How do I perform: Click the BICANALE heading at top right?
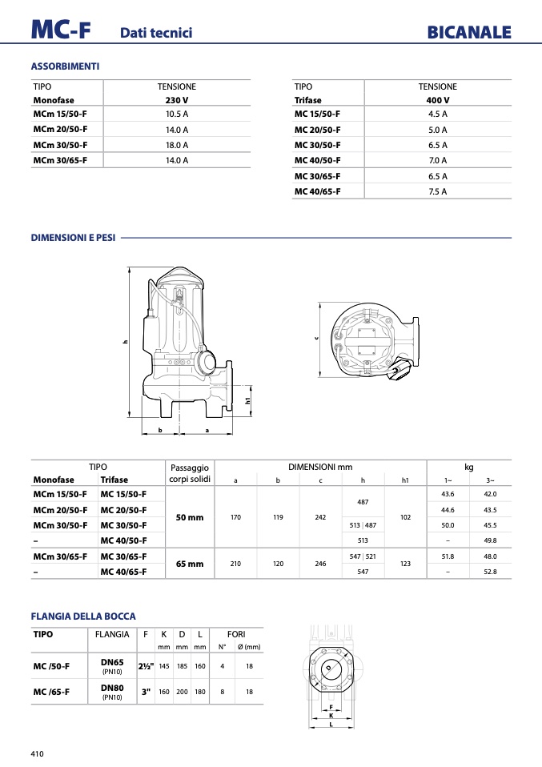(x=469, y=32)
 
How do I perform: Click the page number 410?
(x=37, y=754)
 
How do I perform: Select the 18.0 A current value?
(x=177, y=145)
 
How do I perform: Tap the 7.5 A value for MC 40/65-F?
(x=437, y=192)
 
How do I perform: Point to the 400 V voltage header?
(x=437, y=100)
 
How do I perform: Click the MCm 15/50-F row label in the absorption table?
(x=60, y=114)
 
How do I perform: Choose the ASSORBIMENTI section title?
(x=65, y=66)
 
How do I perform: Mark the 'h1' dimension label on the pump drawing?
(x=247, y=400)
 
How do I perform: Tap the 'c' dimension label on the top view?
(x=316, y=338)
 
